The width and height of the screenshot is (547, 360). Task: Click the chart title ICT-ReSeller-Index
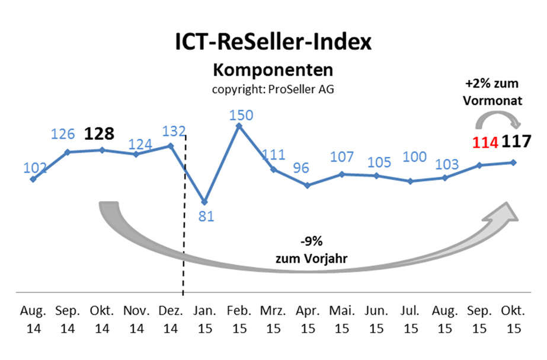click(x=273, y=43)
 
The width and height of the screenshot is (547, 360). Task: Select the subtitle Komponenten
click(x=273, y=70)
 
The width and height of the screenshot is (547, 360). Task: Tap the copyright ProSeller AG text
click(x=273, y=89)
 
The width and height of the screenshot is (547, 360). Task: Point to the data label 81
click(x=206, y=216)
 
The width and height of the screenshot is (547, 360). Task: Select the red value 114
click(x=485, y=143)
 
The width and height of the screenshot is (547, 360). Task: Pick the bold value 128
click(x=99, y=133)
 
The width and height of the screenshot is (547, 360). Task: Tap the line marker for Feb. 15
click(x=238, y=126)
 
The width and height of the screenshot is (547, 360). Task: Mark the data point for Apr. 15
click(x=307, y=185)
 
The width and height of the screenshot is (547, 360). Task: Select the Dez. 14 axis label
click(x=170, y=320)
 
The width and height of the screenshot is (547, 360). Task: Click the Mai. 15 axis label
click(x=341, y=320)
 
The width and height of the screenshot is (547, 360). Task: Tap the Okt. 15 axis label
click(x=513, y=320)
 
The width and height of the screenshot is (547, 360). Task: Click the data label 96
click(x=302, y=167)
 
